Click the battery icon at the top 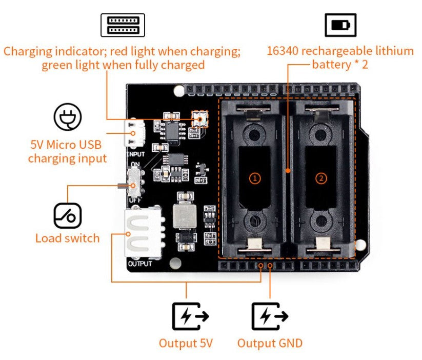click(x=340, y=25)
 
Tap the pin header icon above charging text click(x=123, y=25)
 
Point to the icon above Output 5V click(x=190, y=316)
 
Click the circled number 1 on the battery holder click(x=255, y=178)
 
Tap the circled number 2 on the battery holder click(x=321, y=178)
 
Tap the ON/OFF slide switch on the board click(x=135, y=182)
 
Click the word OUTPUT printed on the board click(x=140, y=264)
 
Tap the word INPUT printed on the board click(x=135, y=153)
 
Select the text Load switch click(x=67, y=238)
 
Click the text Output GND click(x=270, y=343)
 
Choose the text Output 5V click(x=186, y=343)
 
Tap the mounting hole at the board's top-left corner click(x=178, y=91)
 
